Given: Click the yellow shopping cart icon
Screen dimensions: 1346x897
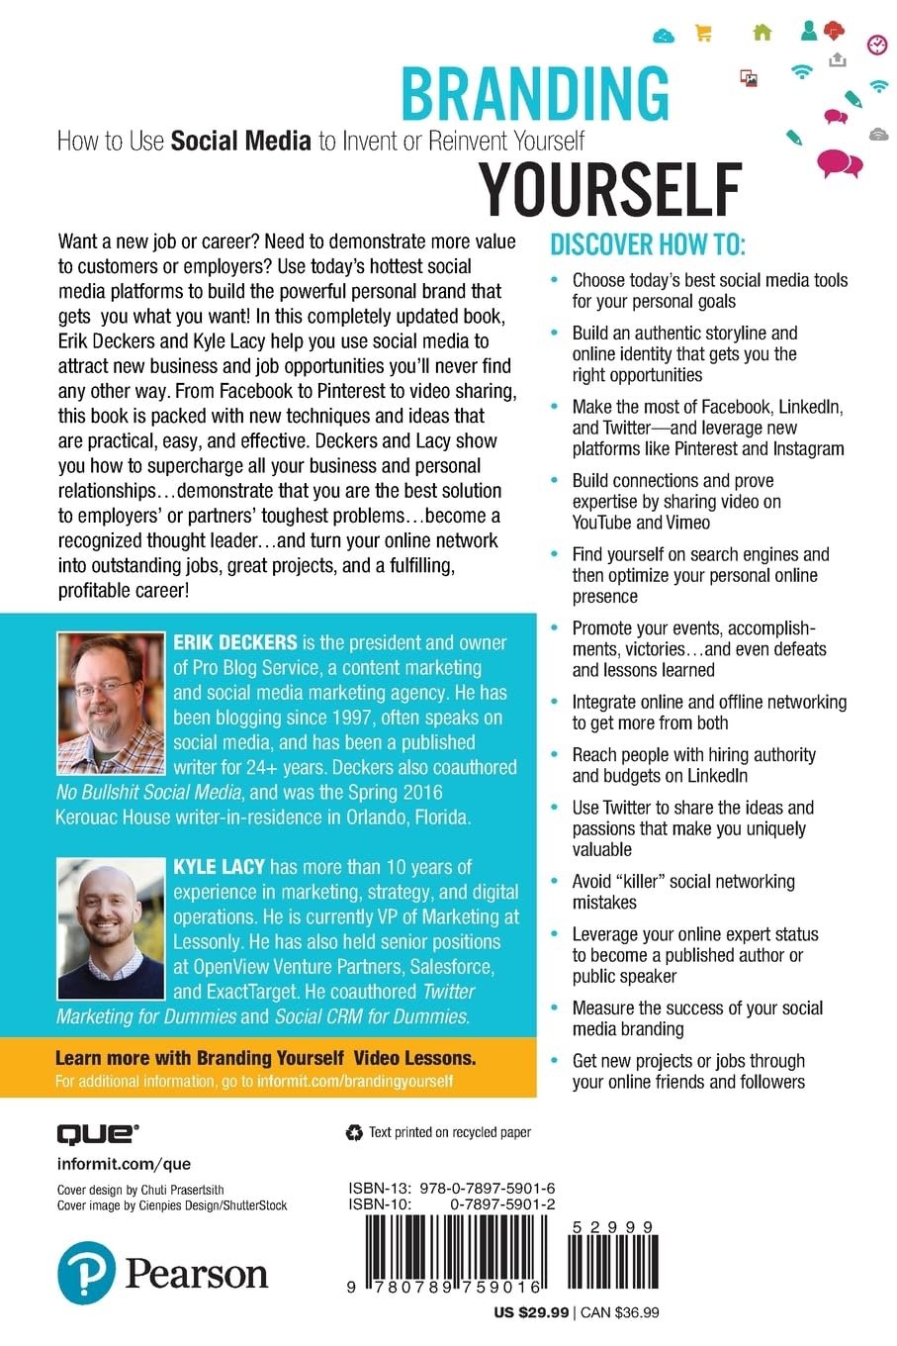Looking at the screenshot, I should coord(703,33).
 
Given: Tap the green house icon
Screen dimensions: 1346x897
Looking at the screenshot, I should coord(762,33).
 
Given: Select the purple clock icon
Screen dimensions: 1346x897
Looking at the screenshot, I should coord(876,44).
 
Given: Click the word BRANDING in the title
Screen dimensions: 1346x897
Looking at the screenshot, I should coord(535,95).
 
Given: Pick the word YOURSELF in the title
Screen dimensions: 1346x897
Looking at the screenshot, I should coord(610,188).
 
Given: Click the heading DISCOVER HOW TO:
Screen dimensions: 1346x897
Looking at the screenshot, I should coord(648,244).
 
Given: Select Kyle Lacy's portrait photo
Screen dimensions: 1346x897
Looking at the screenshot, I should coord(111,927).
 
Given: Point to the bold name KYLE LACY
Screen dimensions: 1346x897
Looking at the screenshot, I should coord(219,867).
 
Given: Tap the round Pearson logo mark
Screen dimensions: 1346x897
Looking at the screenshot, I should coord(86,1274).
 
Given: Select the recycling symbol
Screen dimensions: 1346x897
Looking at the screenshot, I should coord(354,1133).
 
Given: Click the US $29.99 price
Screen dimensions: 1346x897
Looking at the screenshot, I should coord(531,1312).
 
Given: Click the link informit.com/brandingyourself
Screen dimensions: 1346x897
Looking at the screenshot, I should coord(355,1081).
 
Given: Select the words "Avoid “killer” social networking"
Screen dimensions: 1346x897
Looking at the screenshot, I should coord(683,881).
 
